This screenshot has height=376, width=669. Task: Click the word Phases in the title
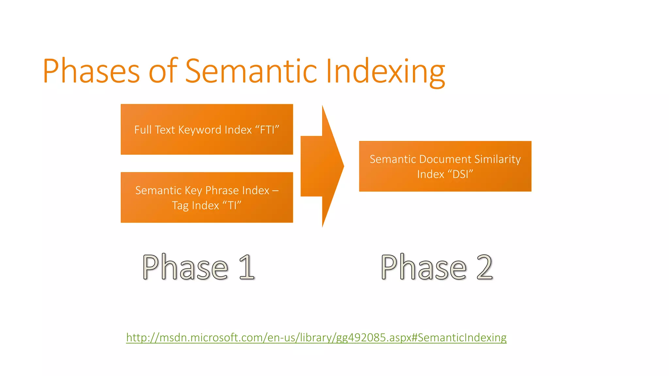(91, 71)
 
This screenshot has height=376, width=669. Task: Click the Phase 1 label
(198, 267)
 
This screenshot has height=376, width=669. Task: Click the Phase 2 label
(436, 267)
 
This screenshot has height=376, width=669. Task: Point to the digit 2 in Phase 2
(484, 267)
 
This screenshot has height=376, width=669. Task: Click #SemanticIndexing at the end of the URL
(459, 337)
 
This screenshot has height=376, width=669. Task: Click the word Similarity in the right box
(498, 159)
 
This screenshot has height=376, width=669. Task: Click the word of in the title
(163, 71)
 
